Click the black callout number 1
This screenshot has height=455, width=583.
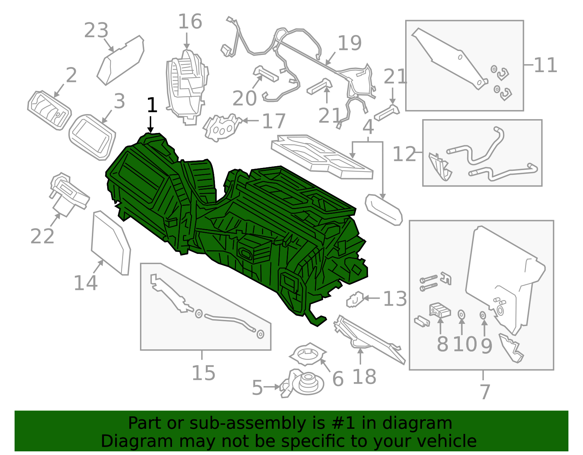coord(152,105)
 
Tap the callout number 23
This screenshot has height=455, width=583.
coord(96,30)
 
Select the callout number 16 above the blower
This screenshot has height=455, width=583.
coord(190,21)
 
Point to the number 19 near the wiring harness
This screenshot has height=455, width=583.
coord(349,43)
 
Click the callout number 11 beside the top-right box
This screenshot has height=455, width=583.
coord(545,65)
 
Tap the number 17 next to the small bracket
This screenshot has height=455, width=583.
coord(273,121)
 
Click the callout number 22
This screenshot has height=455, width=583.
coord(42,236)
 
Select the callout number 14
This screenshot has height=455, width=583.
coord(85,283)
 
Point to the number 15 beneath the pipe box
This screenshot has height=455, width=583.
coord(204,373)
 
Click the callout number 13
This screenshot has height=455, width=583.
coord(395,299)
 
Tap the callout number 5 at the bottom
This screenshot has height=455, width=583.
coord(257,388)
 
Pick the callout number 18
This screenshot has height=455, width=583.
coord(364,377)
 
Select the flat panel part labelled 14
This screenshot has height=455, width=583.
coord(111,243)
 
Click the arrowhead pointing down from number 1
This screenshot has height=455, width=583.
coord(150,130)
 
